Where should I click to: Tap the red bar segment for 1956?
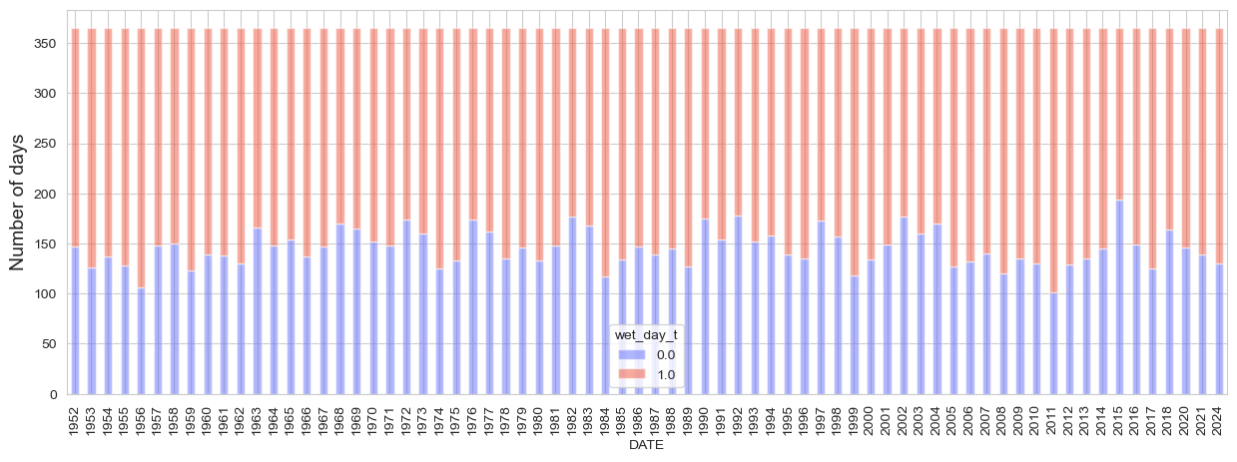(x=142, y=159)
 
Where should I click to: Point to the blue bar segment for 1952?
(x=75, y=320)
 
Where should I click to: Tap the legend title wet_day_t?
(x=646, y=335)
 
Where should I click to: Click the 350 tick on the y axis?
(x=47, y=43)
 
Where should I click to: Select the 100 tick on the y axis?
(x=47, y=294)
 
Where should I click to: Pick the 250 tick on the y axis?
(x=47, y=144)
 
